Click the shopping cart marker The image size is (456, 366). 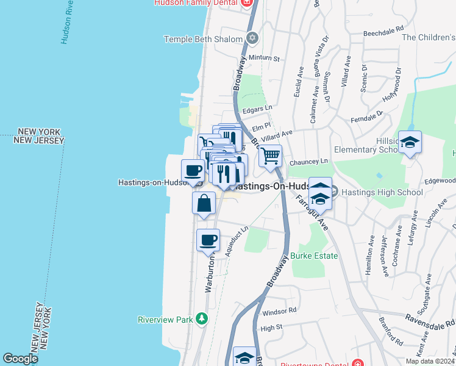[x=270, y=155]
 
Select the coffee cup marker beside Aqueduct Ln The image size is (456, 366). [x=208, y=240]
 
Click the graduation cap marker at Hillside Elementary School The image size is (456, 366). [x=410, y=143]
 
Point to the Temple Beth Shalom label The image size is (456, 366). [x=204, y=39]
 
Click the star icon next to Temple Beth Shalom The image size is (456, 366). [x=252, y=39]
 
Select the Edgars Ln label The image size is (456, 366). [x=256, y=109]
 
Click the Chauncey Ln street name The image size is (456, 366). [x=308, y=162]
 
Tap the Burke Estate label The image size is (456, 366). [x=314, y=256]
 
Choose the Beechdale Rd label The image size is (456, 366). [x=383, y=29]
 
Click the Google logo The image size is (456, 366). [x=21, y=359]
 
